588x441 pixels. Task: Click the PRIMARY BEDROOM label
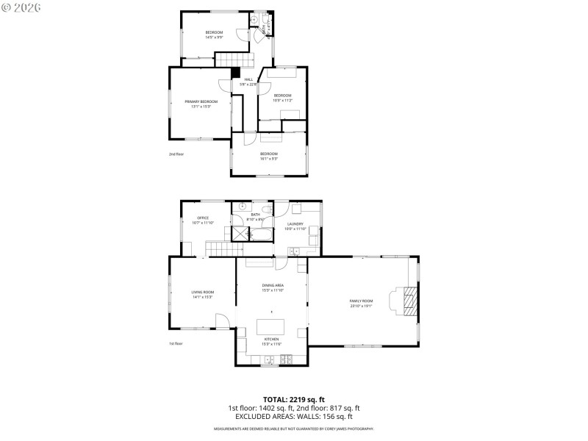click(201, 101)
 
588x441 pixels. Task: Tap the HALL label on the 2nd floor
click(248, 79)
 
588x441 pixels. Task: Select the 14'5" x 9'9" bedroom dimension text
click(214, 37)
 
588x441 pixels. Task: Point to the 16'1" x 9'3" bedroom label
click(268, 154)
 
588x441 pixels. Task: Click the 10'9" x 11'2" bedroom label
click(283, 96)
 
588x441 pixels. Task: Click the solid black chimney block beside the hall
click(235, 73)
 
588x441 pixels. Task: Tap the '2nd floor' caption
click(176, 154)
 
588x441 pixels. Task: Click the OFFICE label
click(203, 218)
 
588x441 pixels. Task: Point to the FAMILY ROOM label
click(361, 301)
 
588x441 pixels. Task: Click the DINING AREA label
click(273, 285)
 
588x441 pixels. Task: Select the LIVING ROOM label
click(203, 293)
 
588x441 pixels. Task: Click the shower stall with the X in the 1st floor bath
click(240, 234)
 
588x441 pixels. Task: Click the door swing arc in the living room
click(222, 320)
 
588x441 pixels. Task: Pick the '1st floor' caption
click(176, 343)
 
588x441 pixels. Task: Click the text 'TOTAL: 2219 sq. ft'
click(294, 400)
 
